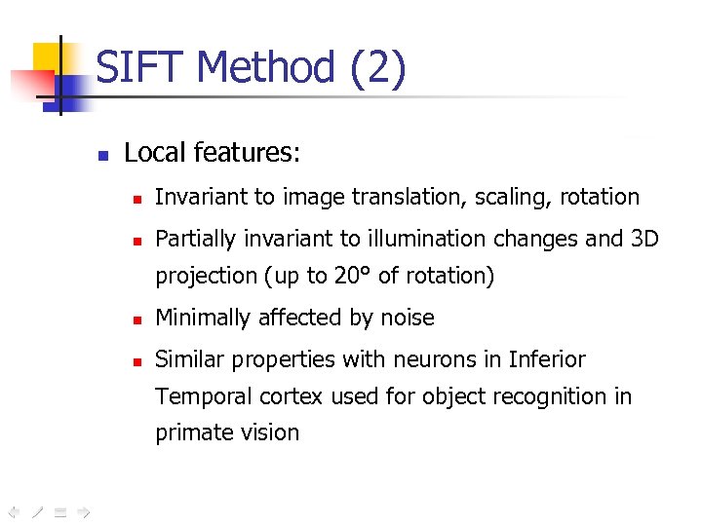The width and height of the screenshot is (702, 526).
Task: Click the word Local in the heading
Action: [155, 153]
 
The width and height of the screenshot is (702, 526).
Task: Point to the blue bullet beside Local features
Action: [102, 154]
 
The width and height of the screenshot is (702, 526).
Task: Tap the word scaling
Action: [513, 198]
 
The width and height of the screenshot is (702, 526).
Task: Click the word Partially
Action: [197, 239]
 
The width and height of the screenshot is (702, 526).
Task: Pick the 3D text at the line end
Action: [644, 239]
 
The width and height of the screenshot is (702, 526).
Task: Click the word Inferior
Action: [547, 360]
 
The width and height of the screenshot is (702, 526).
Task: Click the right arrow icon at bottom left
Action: [84, 510]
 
